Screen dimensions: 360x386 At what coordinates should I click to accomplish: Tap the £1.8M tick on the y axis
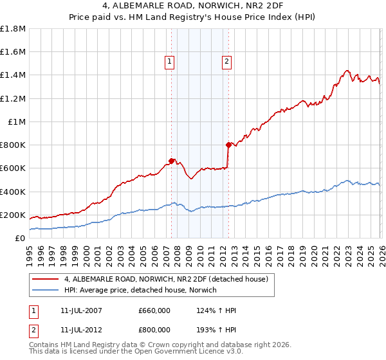tap(14, 29)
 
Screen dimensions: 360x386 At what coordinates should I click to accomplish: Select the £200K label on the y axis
tap(14, 215)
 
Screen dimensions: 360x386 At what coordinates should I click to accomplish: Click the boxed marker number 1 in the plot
tap(169, 62)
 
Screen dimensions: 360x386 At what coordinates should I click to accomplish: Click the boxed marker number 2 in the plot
tap(228, 62)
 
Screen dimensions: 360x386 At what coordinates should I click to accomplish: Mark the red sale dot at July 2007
tap(172, 161)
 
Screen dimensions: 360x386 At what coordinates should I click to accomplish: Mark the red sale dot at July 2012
tap(228, 145)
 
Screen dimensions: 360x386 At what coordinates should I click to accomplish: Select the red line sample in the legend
tap(45, 279)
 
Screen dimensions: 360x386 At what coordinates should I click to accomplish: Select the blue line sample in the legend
tap(45, 291)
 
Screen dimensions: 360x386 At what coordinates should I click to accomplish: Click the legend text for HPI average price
tap(140, 291)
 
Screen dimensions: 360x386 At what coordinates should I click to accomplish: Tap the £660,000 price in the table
tap(155, 310)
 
